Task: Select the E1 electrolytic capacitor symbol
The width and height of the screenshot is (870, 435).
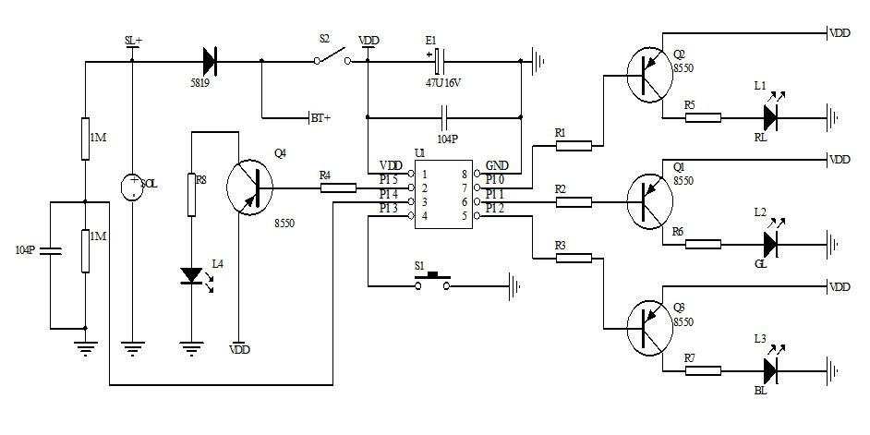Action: tap(440, 62)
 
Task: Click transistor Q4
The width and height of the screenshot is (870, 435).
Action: tap(251, 187)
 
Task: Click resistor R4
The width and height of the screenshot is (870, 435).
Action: tap(338, 188)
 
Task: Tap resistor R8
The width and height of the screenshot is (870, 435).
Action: tap(191, 194)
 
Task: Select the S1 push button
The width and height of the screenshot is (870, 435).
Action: tap(433, 283)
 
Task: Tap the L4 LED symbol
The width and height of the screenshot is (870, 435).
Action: tap(191, 275)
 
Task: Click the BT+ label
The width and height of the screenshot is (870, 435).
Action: tap(320, 117)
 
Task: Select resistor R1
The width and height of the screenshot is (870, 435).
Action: tap(573, 145)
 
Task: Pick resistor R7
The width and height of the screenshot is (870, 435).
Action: tap(703, 370)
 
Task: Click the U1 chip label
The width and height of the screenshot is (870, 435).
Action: tap(420, 151)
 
